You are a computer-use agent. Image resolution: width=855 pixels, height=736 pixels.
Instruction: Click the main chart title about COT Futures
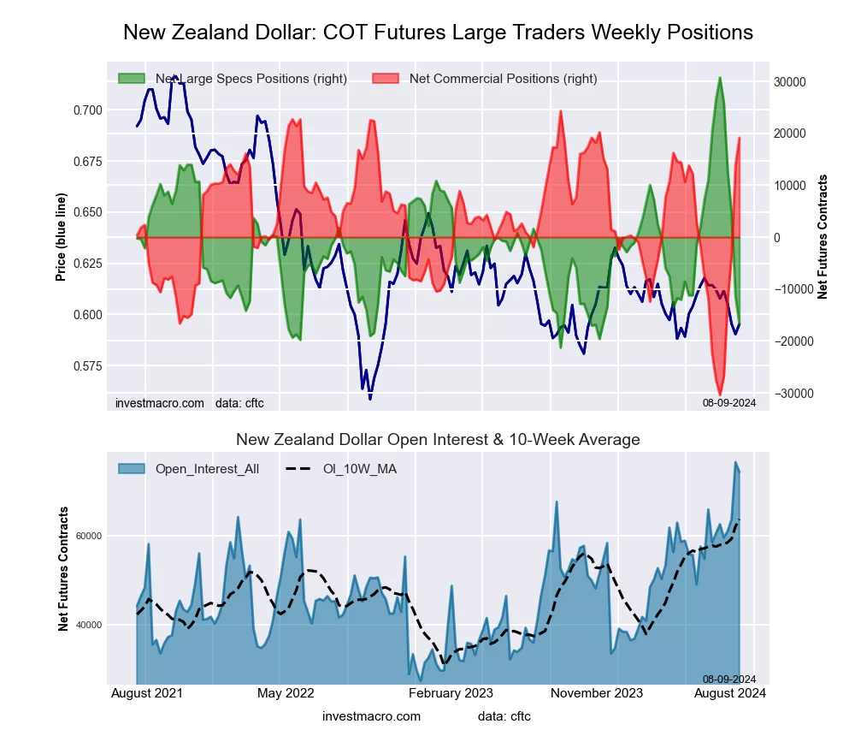(x=438, y=33)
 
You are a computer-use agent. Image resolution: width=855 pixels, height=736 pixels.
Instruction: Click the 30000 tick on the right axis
(x=791, y=82)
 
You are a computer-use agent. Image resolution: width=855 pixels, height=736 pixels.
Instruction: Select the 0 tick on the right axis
(x=778, y=238)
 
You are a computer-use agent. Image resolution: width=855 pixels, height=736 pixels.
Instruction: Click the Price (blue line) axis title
(x=61, y=238)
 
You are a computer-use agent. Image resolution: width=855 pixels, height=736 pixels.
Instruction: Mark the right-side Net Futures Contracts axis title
(x=823, y=237)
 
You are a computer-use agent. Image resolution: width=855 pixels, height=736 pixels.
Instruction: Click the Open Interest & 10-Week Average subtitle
(x=438, y=440)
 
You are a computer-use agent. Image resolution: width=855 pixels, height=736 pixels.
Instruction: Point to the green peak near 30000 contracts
(x=720, y=79)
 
